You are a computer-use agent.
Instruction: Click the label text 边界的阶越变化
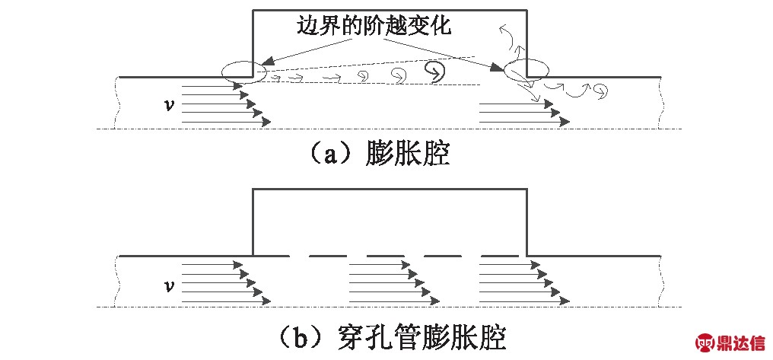click(x=375, y=28)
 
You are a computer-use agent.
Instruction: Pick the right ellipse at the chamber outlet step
click(x=524, y=68)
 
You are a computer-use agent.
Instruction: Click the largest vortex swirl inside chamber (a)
click(x=435, y=70)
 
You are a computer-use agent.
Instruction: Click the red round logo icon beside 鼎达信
click(x=707, y=342)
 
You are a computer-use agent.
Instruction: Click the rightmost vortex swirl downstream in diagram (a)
click(x=602, y=93)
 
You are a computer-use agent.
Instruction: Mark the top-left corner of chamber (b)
click(x=253, y=189)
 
